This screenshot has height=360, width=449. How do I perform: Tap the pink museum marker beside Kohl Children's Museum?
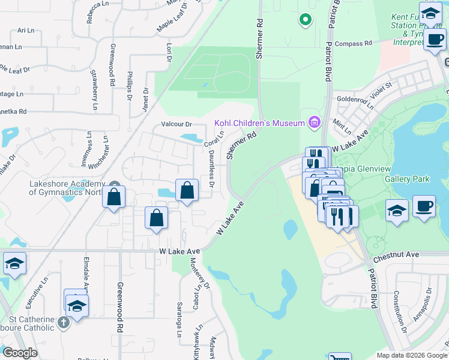313,123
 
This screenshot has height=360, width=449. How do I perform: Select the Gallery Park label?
407,179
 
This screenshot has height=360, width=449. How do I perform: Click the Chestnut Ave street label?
396,255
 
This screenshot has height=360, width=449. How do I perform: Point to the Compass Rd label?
354,43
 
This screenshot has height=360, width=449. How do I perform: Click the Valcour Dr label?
176,124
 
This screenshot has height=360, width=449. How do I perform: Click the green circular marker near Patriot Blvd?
306,20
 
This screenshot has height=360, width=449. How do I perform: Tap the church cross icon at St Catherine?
63,323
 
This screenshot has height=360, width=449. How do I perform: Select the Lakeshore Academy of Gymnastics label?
66,188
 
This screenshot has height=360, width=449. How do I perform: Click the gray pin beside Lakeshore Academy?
115,185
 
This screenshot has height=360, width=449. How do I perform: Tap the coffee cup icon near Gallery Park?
424,206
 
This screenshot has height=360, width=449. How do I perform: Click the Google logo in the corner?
20,353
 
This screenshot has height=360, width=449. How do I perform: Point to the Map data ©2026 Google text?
412,355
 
